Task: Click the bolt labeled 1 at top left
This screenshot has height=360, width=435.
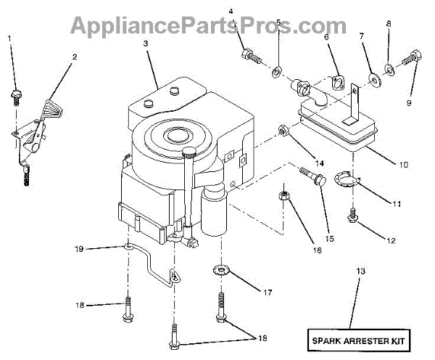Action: point(16,94)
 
